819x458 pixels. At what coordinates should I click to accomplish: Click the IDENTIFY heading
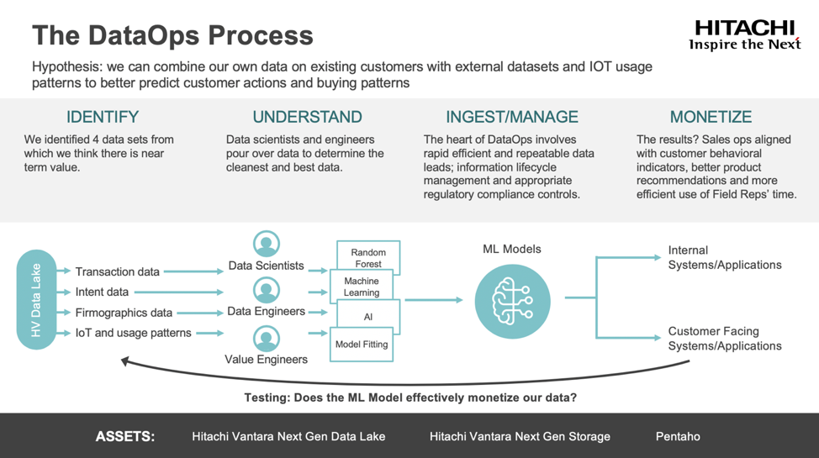click(x=103, y=117)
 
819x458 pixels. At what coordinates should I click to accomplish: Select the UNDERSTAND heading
click(x=307, y=117)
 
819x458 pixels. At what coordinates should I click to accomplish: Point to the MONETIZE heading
click(x=711, y=117)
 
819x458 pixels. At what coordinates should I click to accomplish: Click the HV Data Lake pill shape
click(x=36, y=299)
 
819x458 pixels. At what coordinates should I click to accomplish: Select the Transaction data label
click(x=117, y=271)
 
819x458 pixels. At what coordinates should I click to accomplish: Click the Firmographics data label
click(x=124, y=313)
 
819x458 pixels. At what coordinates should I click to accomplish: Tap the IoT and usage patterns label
click(x=133, y=333)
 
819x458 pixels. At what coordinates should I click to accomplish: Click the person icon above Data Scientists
click(x=267, y=244)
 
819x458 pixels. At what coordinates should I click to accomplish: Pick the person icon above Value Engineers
click(x=267, y=339)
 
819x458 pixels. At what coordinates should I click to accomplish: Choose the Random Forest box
click(x=368, y=257)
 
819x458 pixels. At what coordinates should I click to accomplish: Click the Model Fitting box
click(x=362, y=345)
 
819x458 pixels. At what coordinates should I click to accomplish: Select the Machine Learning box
click(x=362, y=287)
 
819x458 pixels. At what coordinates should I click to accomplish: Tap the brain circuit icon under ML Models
click(x=513, y=300)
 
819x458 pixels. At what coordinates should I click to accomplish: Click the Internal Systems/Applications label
click(x=724, y=257)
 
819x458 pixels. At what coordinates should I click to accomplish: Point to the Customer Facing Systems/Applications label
click(x=724, y=339)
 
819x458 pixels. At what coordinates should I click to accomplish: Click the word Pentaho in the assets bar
click(x=678, y=436)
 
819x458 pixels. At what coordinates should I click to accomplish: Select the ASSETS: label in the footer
click(x=125, y=436)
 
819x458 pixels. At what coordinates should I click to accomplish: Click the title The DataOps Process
click(x=172, y=35)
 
